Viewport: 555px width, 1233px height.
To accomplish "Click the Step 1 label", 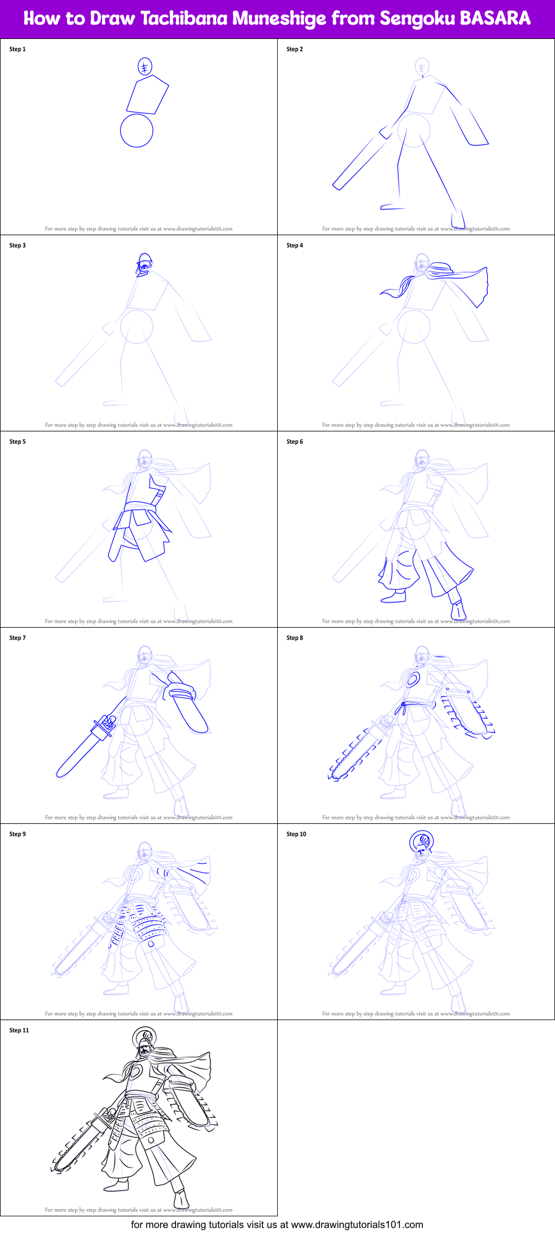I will tap(17, 49).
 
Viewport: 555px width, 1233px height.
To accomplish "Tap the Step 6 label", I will tap(294, 441).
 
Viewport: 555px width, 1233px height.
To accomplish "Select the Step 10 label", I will tap(296, 834).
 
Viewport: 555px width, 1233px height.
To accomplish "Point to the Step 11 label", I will tap(19, 1030).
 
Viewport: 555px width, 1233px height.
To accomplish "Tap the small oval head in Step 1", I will tap(144, 67).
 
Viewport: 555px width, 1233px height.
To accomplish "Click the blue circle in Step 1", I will tap(137, 131).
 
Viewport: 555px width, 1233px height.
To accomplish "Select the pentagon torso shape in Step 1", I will tap(147, 95).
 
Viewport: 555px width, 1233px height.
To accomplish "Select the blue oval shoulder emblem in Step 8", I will tap(412, 679).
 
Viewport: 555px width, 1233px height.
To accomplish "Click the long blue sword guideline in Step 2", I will tap(356, 164).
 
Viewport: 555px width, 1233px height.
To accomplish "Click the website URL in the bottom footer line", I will tap(357, 1224).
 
